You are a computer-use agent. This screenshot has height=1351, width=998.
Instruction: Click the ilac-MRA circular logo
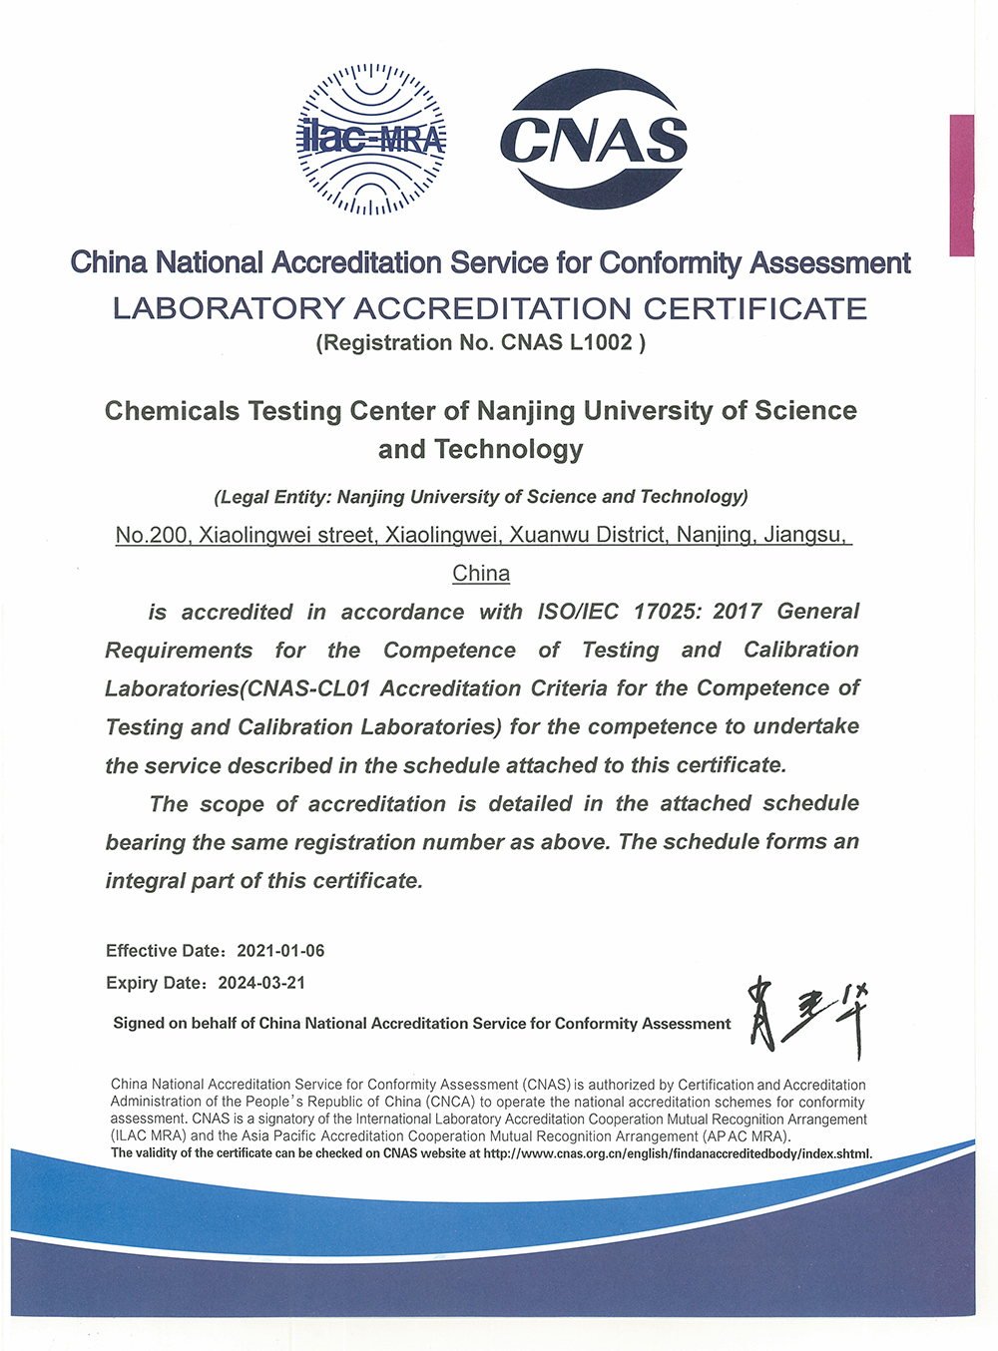point(371,139)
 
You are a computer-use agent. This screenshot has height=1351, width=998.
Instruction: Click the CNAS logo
point(594,139)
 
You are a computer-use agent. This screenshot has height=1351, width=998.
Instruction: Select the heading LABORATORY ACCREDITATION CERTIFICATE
point(490,308)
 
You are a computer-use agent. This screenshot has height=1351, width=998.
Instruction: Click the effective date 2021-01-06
point(280,951)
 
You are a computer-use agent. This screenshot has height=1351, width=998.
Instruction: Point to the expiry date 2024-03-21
point(261,983)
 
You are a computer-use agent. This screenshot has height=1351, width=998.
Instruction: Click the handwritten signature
point(807,1017)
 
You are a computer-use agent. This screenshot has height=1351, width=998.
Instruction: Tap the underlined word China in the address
point(481,574)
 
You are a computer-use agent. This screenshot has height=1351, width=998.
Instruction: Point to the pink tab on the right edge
point(961,186)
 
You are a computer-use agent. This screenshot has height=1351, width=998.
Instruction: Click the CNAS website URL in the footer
point(678,1153)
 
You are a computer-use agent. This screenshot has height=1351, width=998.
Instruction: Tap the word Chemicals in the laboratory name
point(172,411)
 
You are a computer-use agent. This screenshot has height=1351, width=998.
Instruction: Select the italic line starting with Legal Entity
point(481,497)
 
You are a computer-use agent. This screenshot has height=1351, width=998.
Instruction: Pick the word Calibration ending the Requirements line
point(800,650)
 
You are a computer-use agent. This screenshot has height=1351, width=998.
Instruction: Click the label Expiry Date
point(155,983)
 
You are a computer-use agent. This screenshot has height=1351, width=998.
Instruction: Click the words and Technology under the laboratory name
point(481,449)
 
